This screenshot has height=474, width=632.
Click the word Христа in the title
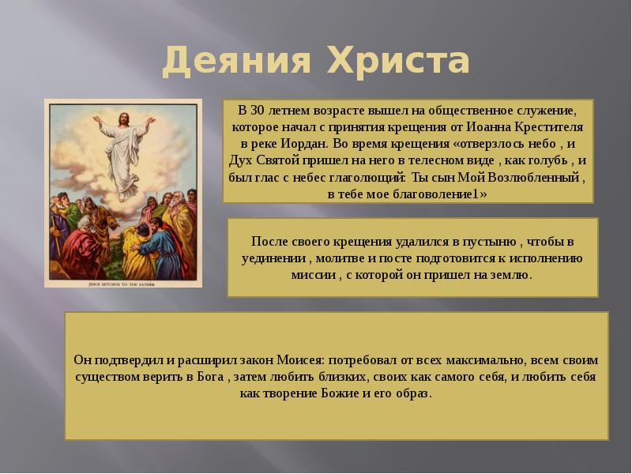[396, 62]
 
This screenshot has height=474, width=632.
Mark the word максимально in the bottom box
[459, 359]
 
